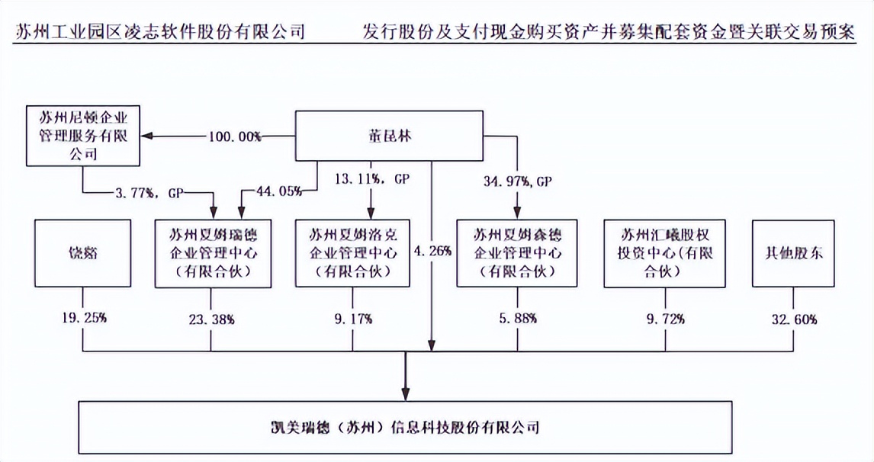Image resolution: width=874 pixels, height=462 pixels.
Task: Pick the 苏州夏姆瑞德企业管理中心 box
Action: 213,253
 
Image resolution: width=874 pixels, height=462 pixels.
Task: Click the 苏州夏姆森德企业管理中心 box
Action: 518,253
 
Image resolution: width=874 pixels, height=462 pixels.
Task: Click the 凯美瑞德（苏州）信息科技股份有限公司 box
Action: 405,426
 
